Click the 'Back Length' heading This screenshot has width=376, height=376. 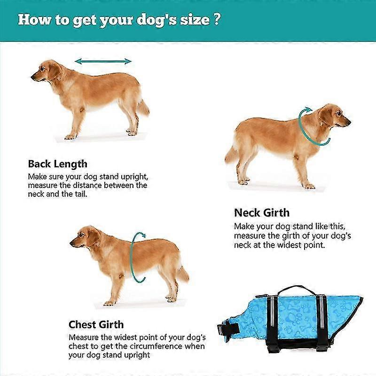point(57,164)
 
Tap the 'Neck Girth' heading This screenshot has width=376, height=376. point(262,213)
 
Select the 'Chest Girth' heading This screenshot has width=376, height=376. point(96,325)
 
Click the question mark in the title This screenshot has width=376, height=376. point(216,20)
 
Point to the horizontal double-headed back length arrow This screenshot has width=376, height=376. point(103,62)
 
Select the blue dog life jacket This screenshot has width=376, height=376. point(290,319)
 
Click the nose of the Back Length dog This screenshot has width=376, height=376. point(32,77)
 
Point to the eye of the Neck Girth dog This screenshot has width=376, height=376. point(338,112)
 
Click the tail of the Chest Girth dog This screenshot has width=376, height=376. point(183,274)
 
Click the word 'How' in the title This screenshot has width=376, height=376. point(34,19)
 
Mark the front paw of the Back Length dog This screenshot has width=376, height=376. point(70,137)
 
